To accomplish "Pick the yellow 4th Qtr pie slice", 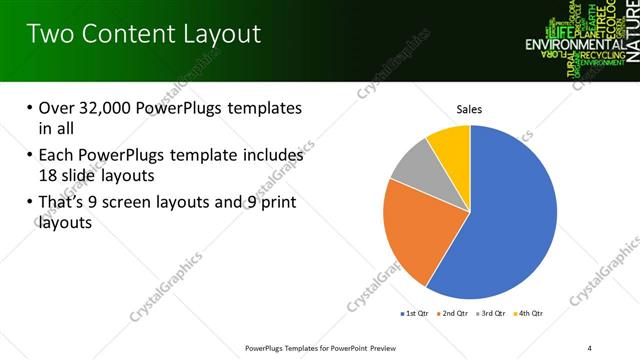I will click(x=450, y=144).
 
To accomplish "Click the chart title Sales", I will click(x=470, y=109).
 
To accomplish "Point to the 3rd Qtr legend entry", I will click(x=494, y=313).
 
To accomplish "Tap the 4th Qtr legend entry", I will click(x=530, y=313).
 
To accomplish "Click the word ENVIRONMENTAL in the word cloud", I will click(x=575, y=45).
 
